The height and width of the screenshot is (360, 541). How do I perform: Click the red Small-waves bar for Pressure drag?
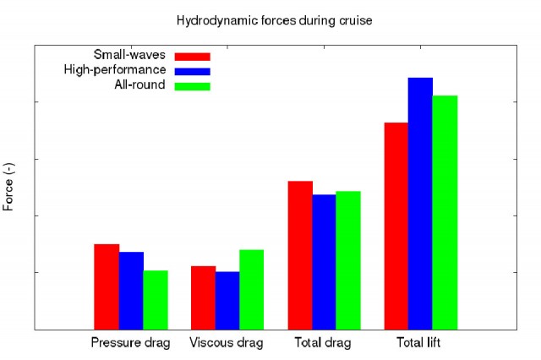[x=107, y=286]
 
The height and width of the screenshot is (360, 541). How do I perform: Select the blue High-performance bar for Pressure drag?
[x=131, y=290]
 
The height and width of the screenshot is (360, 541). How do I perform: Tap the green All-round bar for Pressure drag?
[x=156, y=299]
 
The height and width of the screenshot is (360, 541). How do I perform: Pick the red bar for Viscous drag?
[x=203, y=297]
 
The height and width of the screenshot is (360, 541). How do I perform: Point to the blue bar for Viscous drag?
[x=227, y=300]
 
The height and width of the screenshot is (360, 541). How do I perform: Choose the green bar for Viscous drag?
[x=252, y=289]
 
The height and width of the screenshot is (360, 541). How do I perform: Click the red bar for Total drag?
[x=300, y=254]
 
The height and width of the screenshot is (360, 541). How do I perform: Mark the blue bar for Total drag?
[x=324, y=261]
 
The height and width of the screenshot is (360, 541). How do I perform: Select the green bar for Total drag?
[x=348, y=259]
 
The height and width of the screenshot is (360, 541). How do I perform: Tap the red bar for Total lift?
[x=396, y=226]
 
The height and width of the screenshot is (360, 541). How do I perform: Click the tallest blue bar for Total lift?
[x=421, y=203]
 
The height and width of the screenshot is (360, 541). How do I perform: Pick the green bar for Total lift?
[x=445, y=212]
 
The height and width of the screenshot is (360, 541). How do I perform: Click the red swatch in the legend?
[x=192, y=57]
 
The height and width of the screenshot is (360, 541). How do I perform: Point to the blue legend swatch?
[x=192, y=71]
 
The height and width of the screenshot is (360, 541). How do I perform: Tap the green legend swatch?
[x=192, y=85]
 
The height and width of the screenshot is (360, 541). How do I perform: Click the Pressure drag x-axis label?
[x=131, y=343]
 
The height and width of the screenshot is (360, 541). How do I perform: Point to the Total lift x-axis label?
[x=421, y=343]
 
